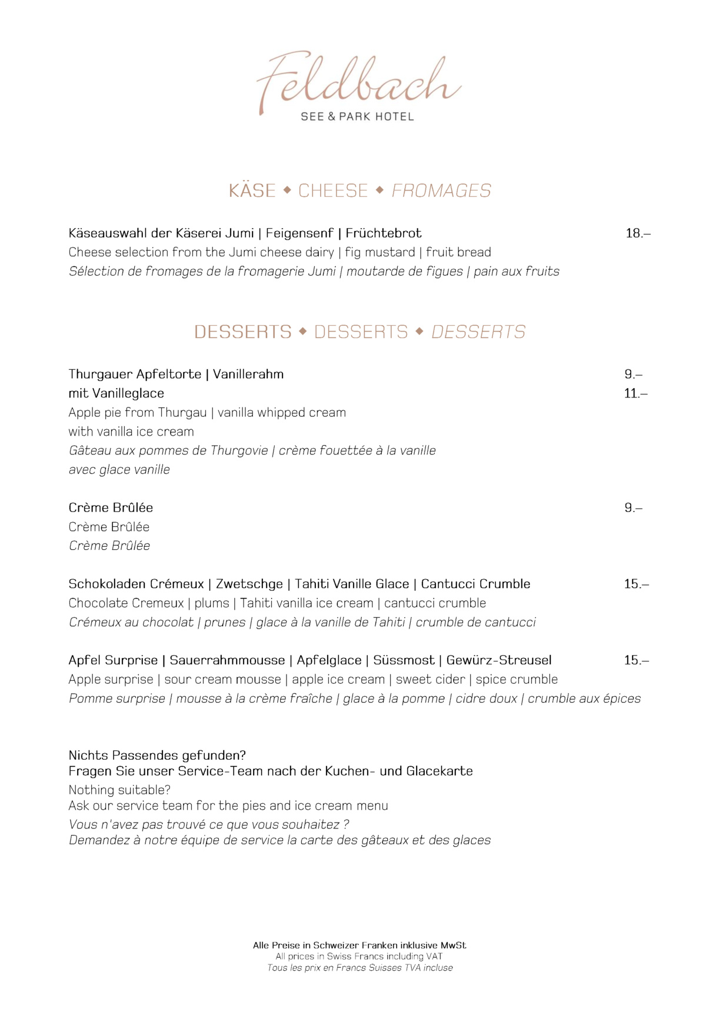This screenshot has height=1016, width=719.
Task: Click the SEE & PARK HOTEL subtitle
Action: pos(357,116)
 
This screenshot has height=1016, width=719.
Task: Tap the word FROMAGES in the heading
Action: pos(441,190)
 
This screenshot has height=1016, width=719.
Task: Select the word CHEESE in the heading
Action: pos(333,190)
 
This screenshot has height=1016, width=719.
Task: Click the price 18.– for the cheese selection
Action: pos(638,233)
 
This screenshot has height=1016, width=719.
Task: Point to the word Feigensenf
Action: pos(299,233)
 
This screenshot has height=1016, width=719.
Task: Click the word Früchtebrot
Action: pos(384,233)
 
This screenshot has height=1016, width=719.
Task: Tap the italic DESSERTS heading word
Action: pos(478,332)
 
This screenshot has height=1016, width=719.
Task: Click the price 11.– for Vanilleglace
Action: pos(635,393)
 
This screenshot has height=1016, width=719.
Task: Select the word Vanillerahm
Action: pos(248,375)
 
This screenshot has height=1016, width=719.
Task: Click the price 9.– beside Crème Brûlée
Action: pos(633,507)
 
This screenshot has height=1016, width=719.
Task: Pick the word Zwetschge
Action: pos(249,584)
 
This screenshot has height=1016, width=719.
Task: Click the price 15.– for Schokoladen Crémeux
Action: pos(636,584)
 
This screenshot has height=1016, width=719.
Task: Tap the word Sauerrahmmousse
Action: pos(227,660)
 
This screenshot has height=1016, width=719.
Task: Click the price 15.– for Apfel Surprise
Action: pos(636,660)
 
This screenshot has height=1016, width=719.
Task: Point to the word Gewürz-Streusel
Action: pos(499,660)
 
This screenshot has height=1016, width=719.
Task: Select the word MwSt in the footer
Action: pos(453,945)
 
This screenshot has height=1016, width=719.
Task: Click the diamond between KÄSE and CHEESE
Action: pos(287,190)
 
